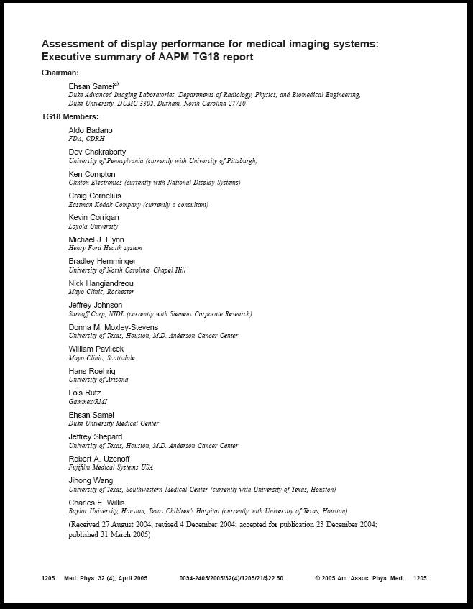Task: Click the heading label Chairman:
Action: [x=60, y=73]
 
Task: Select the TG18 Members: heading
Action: [x=70, y=116]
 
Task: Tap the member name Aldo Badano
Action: [x=91, y=130]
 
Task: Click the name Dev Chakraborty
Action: [x=97, y=152]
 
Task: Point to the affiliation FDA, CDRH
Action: [x=86, y=139]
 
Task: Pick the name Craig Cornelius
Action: [x=95, y=196]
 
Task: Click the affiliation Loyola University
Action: [x=93, y=226]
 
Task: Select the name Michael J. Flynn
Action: [x=96, y=239]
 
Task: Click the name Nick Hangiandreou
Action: [x=101, y=283]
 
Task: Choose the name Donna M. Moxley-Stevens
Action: [x=114, y=327]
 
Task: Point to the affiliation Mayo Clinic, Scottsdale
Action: [x=101, y=357]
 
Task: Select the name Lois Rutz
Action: [x=85, y=393]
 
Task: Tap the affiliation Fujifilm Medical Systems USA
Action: [x=111, y=467]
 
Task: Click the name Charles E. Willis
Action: [x=96, y=503]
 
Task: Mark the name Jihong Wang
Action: [x=91, y=480]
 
